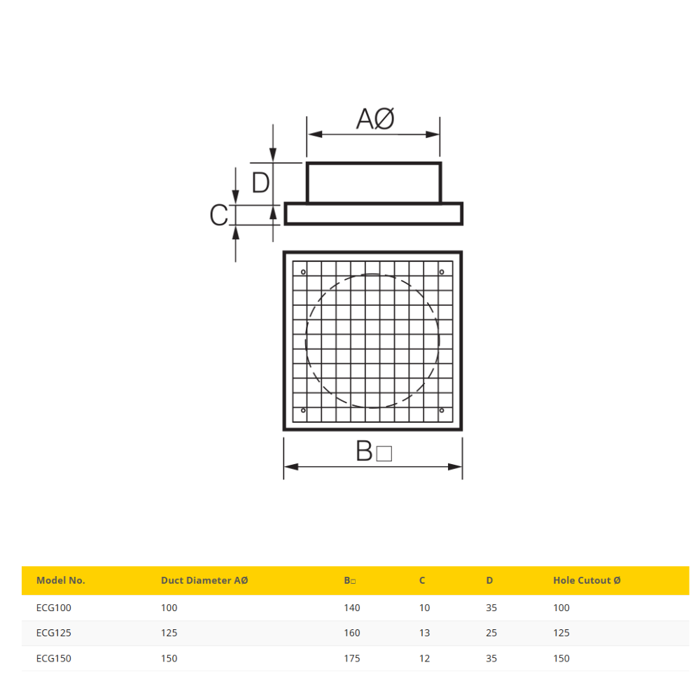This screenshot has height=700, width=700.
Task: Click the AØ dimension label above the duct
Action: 376,119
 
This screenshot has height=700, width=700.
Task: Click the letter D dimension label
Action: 260,183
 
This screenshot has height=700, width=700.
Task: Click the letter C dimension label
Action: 219,216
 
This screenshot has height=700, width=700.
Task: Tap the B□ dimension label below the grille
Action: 374,452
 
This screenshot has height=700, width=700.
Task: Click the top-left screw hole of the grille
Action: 303,272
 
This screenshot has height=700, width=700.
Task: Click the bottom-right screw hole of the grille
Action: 442,410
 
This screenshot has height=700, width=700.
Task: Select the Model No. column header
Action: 61,580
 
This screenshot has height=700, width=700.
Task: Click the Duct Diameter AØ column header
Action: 204,580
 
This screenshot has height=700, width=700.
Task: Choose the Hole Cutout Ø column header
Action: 587,580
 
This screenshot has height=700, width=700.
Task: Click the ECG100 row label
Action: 54,608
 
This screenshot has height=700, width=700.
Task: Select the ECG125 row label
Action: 54,633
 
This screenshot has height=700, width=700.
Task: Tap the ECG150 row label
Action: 54,658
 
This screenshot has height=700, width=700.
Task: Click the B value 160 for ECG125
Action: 352,633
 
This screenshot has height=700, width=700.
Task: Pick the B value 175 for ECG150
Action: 352,658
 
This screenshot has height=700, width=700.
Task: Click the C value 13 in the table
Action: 424,633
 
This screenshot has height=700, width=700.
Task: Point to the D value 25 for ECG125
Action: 491,633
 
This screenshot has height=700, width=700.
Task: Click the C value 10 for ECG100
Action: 424,608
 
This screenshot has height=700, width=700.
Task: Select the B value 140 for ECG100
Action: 352,608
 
